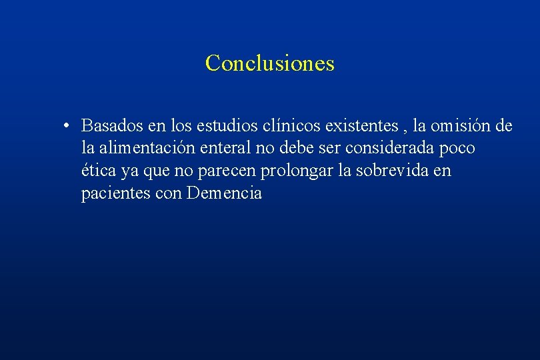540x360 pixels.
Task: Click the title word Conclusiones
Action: pos(269,63)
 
